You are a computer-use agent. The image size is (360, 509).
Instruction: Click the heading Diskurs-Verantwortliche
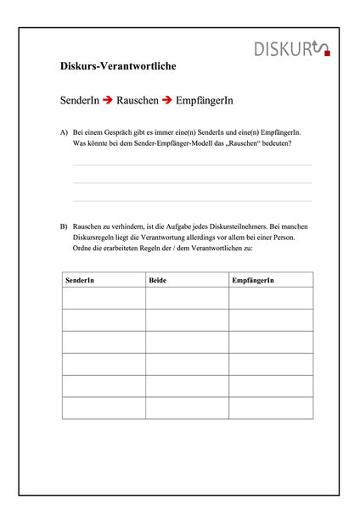tap(119, 65)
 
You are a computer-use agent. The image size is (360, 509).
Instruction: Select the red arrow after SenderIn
tap(107, 100)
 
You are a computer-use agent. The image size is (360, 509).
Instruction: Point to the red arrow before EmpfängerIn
tap(166, 100)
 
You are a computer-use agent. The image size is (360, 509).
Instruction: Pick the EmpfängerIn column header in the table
tap(253, 280)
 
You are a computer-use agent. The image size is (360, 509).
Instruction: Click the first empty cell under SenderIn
tap(104, 298)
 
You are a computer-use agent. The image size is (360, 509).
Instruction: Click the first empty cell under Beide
tap(187, 298)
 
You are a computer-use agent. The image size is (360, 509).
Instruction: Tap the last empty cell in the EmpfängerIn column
tap(270, 407)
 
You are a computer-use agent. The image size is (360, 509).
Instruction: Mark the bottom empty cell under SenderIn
tap(104, 407)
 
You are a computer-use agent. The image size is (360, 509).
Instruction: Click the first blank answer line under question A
tap(192, 165)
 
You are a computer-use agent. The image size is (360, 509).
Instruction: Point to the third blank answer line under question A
tap(192, 201)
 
